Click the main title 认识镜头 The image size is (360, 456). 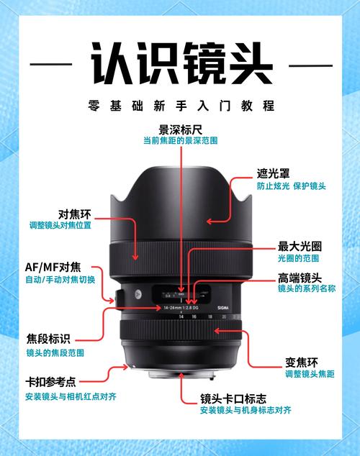[179, 63]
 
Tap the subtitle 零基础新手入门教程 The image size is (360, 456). [179, 106]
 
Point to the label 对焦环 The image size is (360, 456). [73, 214]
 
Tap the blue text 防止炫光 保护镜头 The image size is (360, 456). [291, 186]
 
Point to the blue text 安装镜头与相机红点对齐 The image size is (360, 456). [70, 396]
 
